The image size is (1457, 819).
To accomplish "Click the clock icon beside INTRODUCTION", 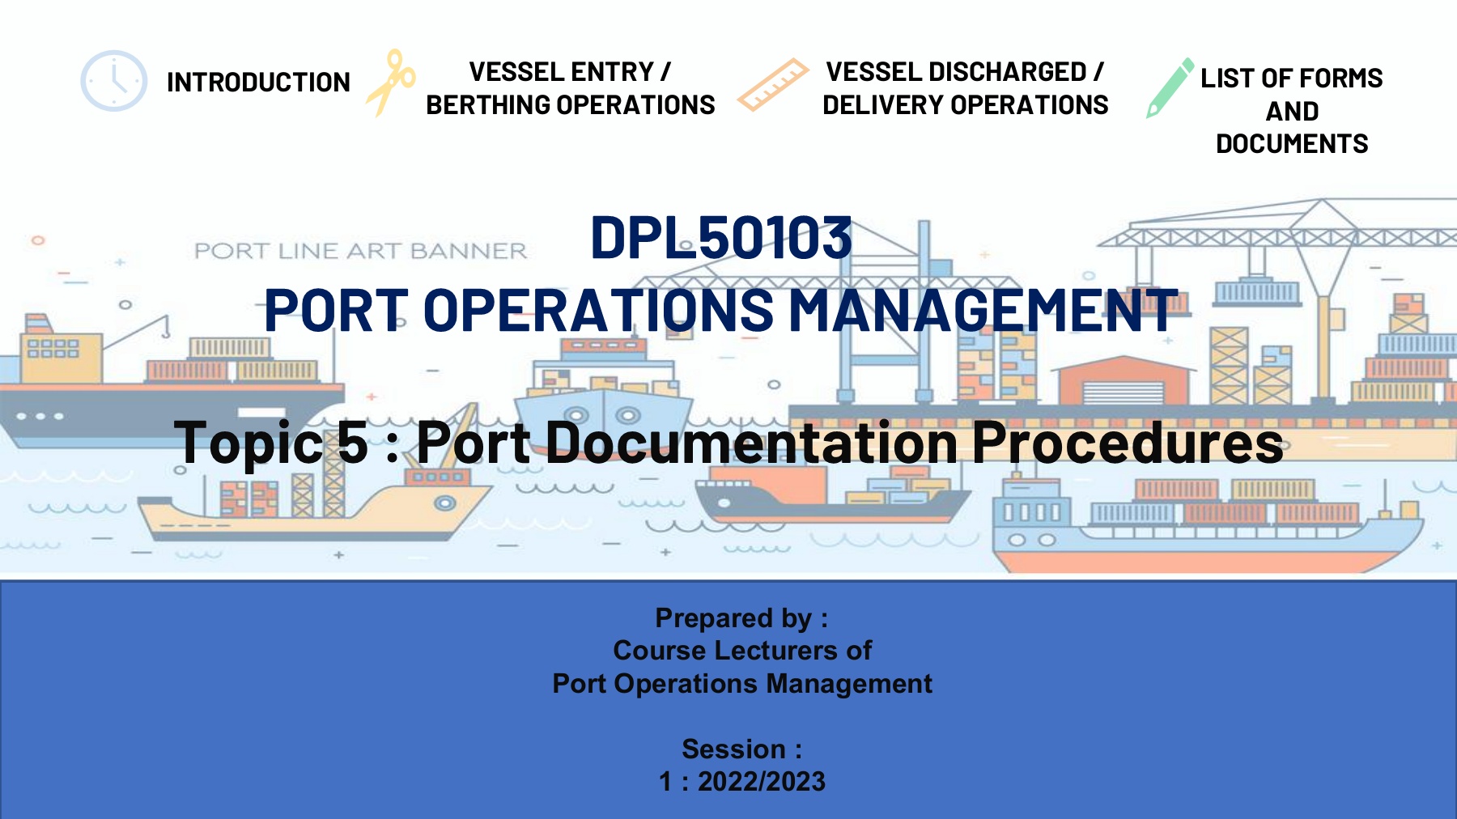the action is (114, 81).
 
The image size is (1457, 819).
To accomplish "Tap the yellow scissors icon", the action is (391, 83).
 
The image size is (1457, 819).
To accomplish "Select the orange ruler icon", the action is (773, 85).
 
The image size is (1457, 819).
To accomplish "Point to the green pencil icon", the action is (1170, 88).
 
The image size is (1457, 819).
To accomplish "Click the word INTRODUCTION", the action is (258, 83).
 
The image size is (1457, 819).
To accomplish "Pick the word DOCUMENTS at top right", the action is (1292, 144).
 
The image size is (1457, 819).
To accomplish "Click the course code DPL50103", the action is (721, 238).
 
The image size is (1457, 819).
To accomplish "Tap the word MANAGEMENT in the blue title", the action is (983, 310).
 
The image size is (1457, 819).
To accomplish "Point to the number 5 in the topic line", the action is (353, 442).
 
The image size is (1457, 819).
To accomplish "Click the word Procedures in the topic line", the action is (1128, 443).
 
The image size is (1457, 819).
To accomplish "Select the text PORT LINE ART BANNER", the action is (360, 251).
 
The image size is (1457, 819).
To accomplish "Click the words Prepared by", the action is (733, 619).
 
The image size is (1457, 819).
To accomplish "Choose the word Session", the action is (733, 749).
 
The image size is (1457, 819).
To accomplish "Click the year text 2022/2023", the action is (762, 782).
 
